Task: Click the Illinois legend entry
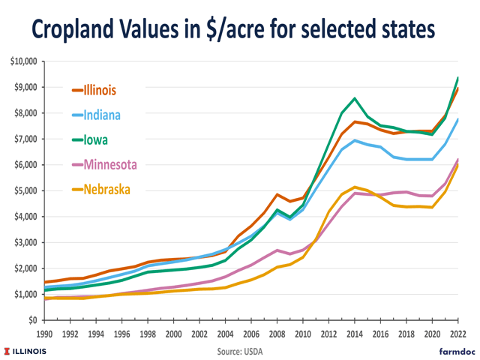coord(98,90)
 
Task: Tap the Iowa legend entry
coord(94,139)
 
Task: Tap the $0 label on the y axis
coord(32,320)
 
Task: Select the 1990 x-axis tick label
coord(45,334)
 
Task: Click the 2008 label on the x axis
coord(277,334)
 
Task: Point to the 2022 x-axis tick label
coord(457,334)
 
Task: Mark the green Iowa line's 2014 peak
coord(354,98)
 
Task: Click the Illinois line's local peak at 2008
coord(277,194)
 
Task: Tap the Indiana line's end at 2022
coord(457,119)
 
